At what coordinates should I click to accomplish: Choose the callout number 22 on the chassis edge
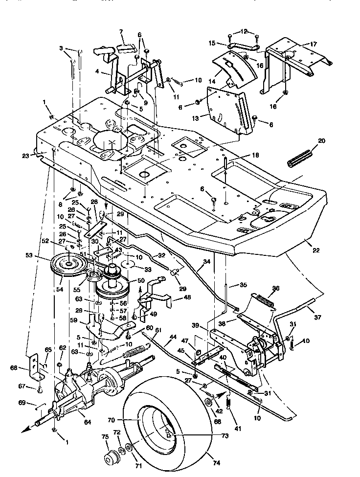316,250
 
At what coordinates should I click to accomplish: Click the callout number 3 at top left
62,48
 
